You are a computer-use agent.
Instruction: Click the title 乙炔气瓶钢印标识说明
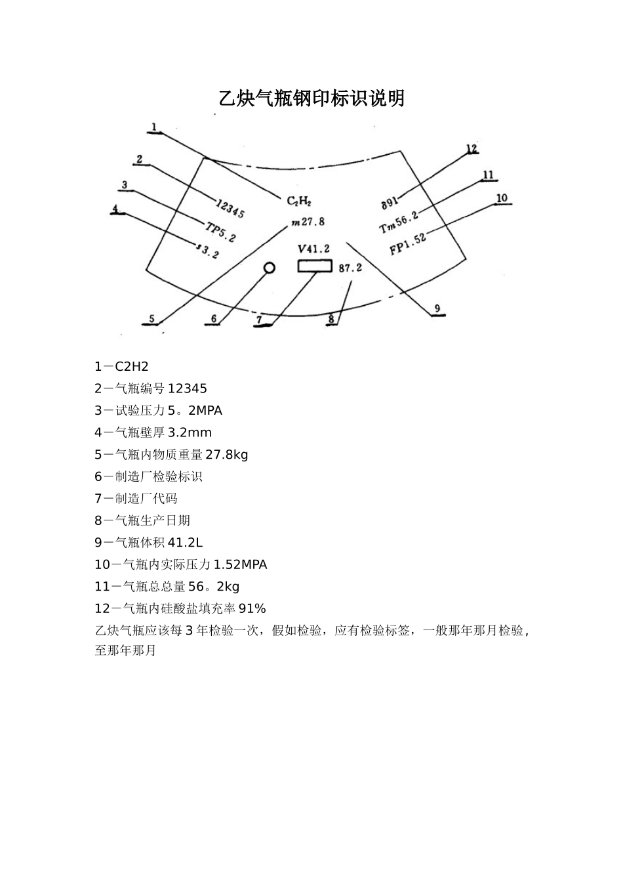click(x=311, y=99)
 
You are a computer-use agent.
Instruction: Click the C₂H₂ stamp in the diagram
click(x=299, y=201)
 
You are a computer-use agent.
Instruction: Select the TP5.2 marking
click(x=220, y=231)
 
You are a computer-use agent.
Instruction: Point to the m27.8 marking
click(x=308, y=222)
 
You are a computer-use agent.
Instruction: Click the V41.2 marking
click(x=313, y=249)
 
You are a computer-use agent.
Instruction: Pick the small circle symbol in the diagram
click(x=269, y=268)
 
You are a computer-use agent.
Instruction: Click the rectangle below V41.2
click(x=315, y=266)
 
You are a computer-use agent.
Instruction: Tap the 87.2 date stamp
click(x=350, y=268)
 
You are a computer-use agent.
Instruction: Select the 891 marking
click(x=390, y=202)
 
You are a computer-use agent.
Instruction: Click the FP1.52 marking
click(x=408, y=244)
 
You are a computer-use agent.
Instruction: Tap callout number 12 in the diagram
click(x=472, y=149)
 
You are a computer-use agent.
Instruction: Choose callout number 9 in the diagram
click(x=437, y=308)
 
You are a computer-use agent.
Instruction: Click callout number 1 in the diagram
click(x=154, y=127)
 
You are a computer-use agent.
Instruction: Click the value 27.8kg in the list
click(x=227, y=454)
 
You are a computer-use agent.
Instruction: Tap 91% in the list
click(x=252, y=608)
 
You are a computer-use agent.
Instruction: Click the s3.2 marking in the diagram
click(x=208, y=250)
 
